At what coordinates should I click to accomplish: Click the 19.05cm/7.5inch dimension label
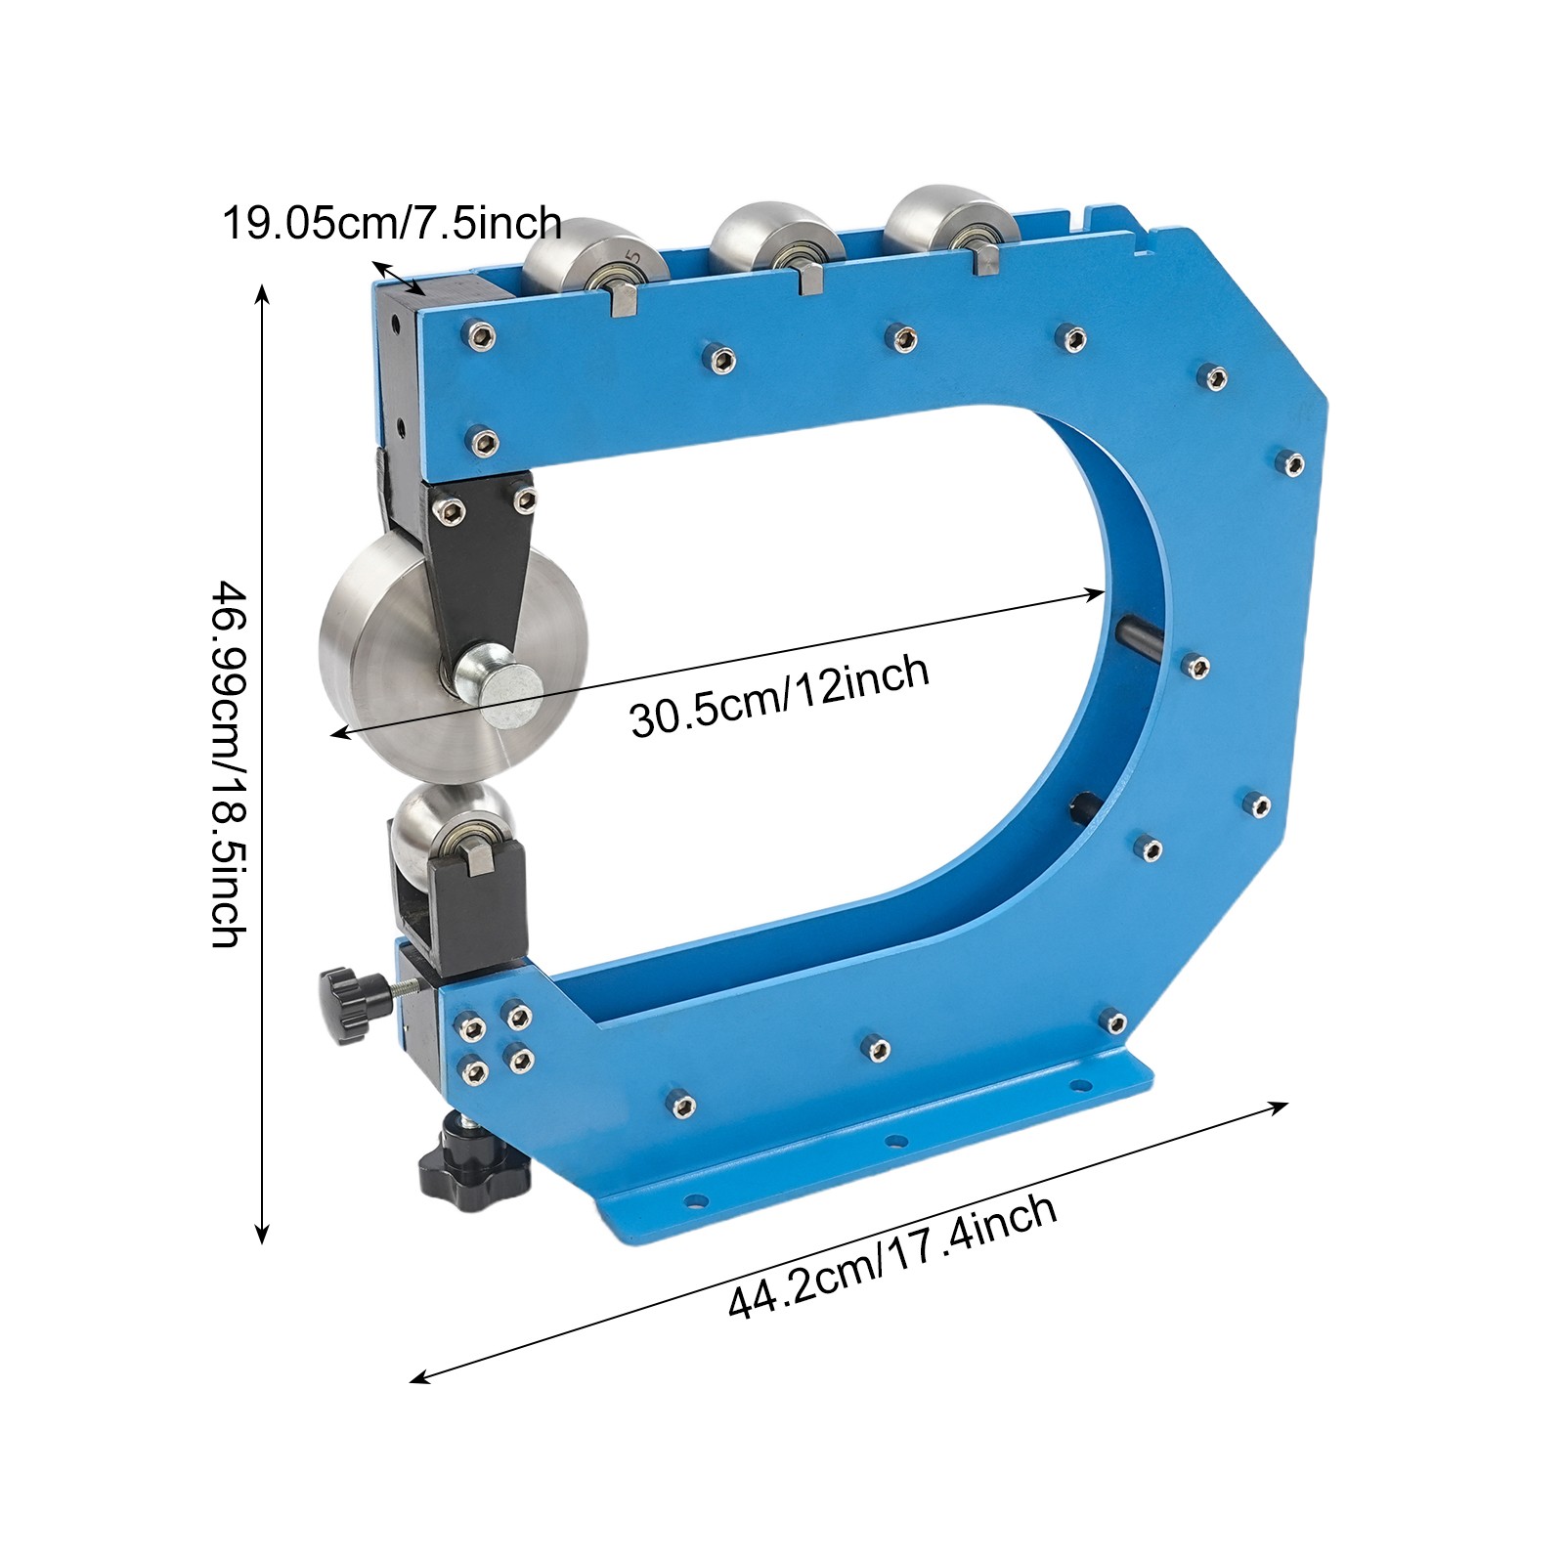pos(392,224)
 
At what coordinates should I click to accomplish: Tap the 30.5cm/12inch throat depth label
pos(779,695)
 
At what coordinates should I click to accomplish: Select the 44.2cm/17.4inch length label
pos(891,1256)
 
